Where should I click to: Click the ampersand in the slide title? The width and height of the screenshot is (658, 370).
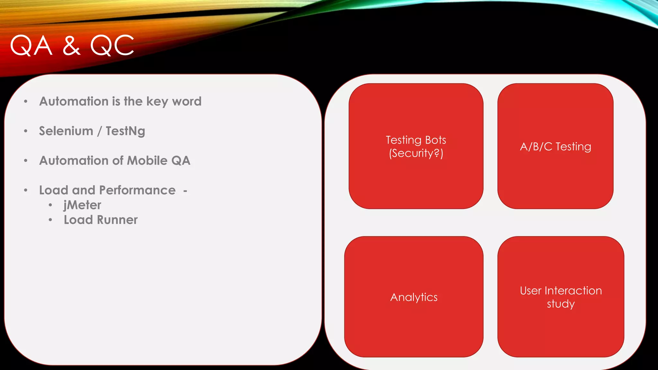(x=71, y=46)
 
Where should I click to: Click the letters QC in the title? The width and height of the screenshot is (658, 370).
(x=112, y=46)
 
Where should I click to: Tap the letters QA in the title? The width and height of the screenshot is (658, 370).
(x=31, y=46)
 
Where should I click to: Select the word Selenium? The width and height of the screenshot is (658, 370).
(x=66, y=131)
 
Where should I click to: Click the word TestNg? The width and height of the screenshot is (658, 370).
(x=125, y=131)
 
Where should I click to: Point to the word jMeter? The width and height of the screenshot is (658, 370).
(x=82, y=205)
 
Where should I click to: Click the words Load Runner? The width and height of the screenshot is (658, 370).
(x=101, y=220)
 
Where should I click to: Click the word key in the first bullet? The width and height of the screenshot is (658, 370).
(x=157, y=102)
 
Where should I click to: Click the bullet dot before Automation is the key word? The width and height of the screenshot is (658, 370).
(x=26, y=102)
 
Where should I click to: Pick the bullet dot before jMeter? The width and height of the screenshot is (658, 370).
(x=50, y=205)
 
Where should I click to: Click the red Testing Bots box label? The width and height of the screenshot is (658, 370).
(x=416, y=140)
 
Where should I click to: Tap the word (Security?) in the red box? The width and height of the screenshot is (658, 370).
(x=416, y=153)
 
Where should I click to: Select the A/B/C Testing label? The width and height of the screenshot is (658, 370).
(x=556, y=147)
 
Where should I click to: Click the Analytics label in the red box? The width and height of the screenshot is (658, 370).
(x=414, y=297)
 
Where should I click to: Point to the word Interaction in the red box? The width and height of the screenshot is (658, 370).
(x=573, y=291)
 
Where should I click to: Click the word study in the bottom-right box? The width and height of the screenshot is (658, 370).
(x=561, y=304)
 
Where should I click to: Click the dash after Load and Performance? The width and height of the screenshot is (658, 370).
(x=185, y=191)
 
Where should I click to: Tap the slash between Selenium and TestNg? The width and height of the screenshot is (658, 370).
(x=100, y=131)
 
